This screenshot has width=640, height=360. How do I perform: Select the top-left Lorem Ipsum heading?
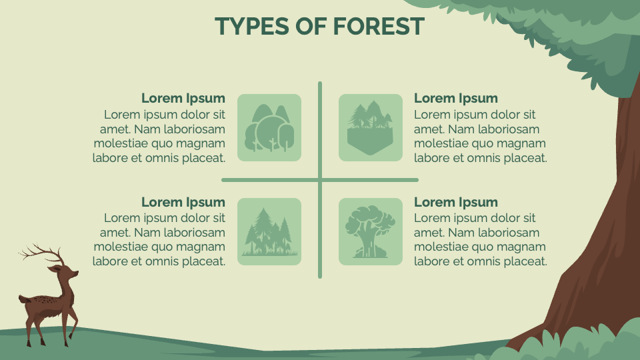(183, 99)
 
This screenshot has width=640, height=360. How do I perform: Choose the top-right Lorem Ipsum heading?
(456, 99)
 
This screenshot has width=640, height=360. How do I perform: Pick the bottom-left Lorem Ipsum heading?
(183, 202)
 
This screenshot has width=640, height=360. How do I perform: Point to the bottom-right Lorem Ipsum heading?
(456, 202)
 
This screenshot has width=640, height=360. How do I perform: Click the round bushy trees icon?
(269, 127)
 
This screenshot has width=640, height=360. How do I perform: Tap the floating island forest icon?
(371, 127)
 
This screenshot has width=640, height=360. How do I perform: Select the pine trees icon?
(269, 232)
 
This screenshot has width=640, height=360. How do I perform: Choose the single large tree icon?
(371, 231)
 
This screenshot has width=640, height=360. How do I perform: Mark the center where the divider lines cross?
(320, 179)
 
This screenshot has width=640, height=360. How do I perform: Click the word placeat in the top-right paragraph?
(523, 158)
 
